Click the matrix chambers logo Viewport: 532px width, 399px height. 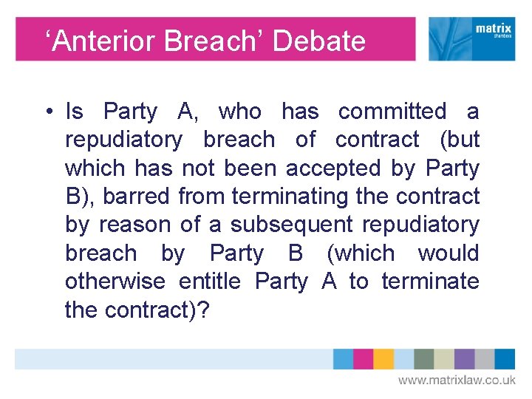point(471,39)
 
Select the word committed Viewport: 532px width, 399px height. point(392,112)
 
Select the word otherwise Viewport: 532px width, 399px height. point(116,282)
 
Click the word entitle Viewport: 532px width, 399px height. point(210,282)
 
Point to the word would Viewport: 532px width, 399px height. point(448,253)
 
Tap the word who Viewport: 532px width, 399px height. point(240,112)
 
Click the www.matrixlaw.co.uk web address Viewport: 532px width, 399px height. point(457,380)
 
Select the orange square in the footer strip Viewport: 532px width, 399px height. point(383,359)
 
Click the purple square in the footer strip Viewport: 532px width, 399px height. point(464,359)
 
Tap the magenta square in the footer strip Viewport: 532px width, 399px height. point(364,359)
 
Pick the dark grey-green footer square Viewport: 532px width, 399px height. point(423,359)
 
